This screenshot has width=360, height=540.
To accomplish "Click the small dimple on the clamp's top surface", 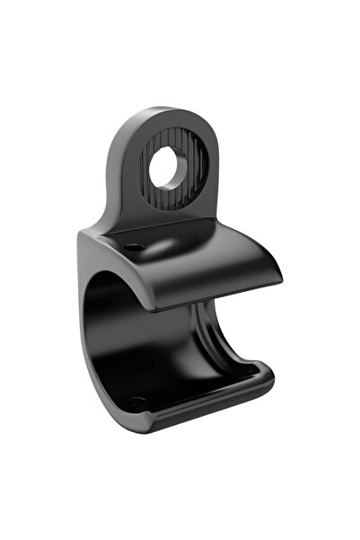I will tap(134, 245).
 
